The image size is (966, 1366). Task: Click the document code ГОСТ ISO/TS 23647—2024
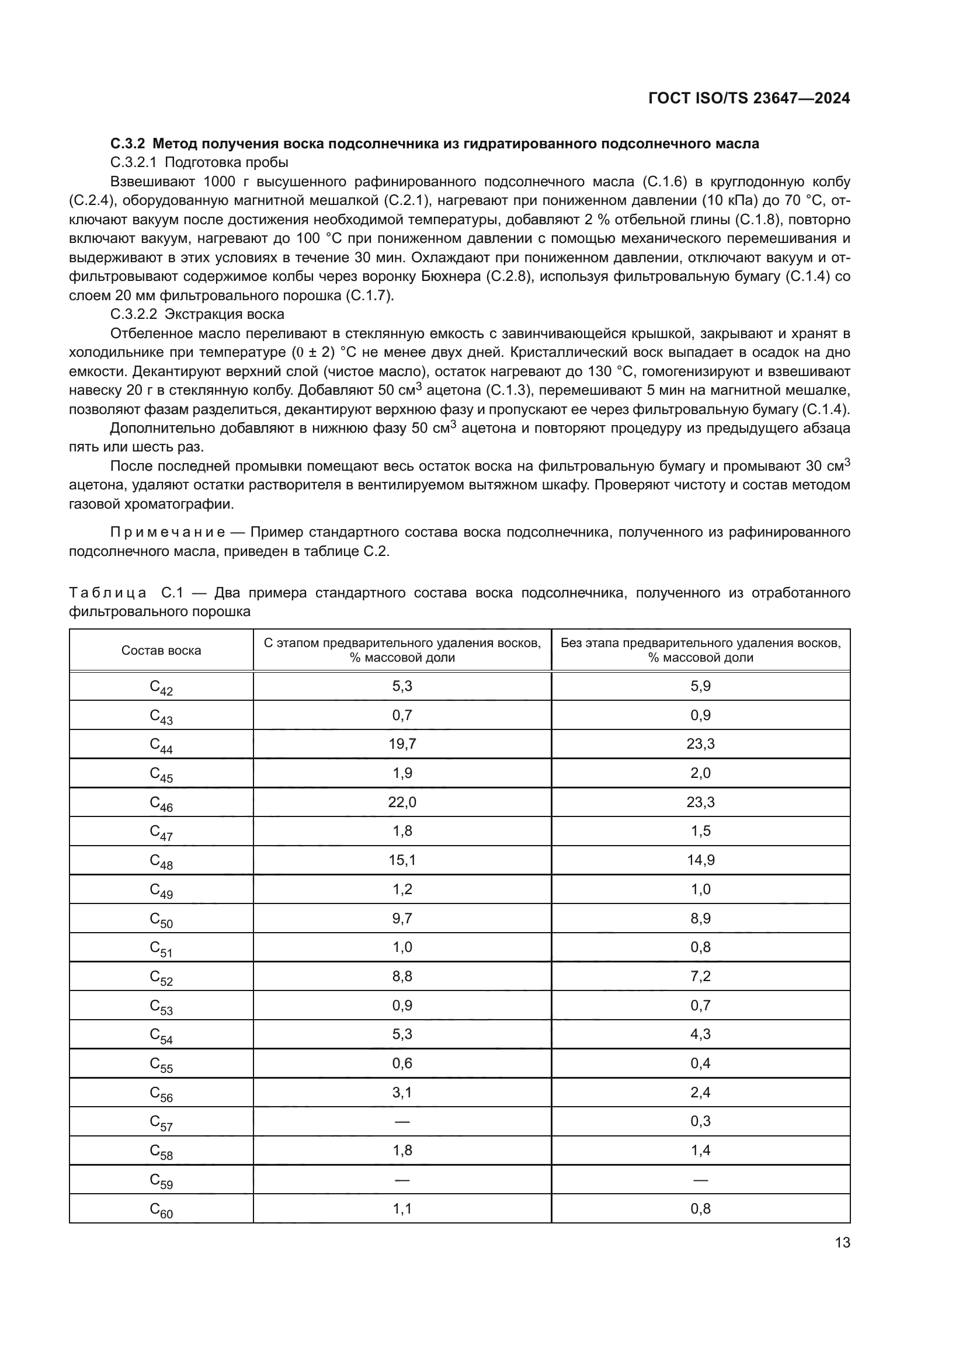(x=749, y=99)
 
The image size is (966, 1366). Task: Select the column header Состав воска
(x=161, y=650)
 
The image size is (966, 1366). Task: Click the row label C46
(x=161, y=804)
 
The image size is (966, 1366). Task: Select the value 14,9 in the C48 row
(x=701, y=860)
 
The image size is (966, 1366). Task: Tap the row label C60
(x=161, y=1210)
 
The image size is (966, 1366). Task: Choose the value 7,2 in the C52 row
(x=701, y=976)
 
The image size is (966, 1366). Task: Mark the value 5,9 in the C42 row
(x=701, y=686)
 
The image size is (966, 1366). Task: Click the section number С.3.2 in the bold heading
(x=127, y=144)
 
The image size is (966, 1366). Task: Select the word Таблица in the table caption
(x=107, y=593)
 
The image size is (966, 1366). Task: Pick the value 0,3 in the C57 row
(x=701, y=1121)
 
